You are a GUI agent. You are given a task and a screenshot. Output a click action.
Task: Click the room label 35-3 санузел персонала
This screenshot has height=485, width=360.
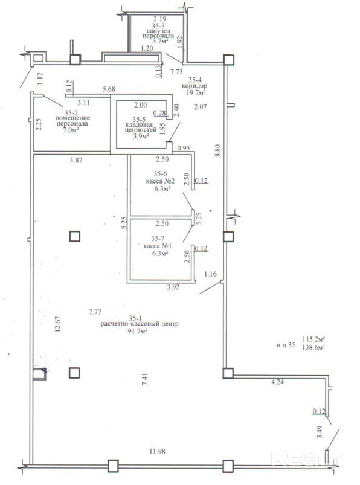158,33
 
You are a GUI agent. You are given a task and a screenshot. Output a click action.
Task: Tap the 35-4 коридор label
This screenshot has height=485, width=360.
194,86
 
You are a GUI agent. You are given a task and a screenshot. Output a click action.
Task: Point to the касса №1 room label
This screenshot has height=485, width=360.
158,246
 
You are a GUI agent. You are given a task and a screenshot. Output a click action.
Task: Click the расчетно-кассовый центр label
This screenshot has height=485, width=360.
140,324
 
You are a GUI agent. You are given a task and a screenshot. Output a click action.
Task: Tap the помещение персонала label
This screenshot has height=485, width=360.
72,121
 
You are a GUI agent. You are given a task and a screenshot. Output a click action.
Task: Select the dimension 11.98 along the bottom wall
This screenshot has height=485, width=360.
157,451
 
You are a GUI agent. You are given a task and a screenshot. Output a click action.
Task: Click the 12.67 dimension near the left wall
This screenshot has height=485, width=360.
57,324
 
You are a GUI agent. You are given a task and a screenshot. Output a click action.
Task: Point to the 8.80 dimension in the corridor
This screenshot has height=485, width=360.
217,150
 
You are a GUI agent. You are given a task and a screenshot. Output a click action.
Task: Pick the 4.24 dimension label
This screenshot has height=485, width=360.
277,382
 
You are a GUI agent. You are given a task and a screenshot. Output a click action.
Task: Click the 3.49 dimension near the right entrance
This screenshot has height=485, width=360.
320,432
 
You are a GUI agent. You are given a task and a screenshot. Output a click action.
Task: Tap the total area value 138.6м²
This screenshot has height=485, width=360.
313,347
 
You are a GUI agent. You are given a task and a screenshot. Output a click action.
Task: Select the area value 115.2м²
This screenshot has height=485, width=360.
313,339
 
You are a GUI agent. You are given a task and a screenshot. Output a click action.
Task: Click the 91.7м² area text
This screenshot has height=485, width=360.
138,331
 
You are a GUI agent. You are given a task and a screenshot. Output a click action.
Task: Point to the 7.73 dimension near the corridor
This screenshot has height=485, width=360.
177,72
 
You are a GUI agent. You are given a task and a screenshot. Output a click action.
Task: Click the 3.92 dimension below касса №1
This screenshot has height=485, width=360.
173,287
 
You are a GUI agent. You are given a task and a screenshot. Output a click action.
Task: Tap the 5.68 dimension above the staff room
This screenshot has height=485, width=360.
109,89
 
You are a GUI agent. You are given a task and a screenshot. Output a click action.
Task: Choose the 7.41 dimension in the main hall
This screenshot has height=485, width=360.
144,379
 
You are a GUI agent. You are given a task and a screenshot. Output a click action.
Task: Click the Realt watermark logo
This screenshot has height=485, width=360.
306,458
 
